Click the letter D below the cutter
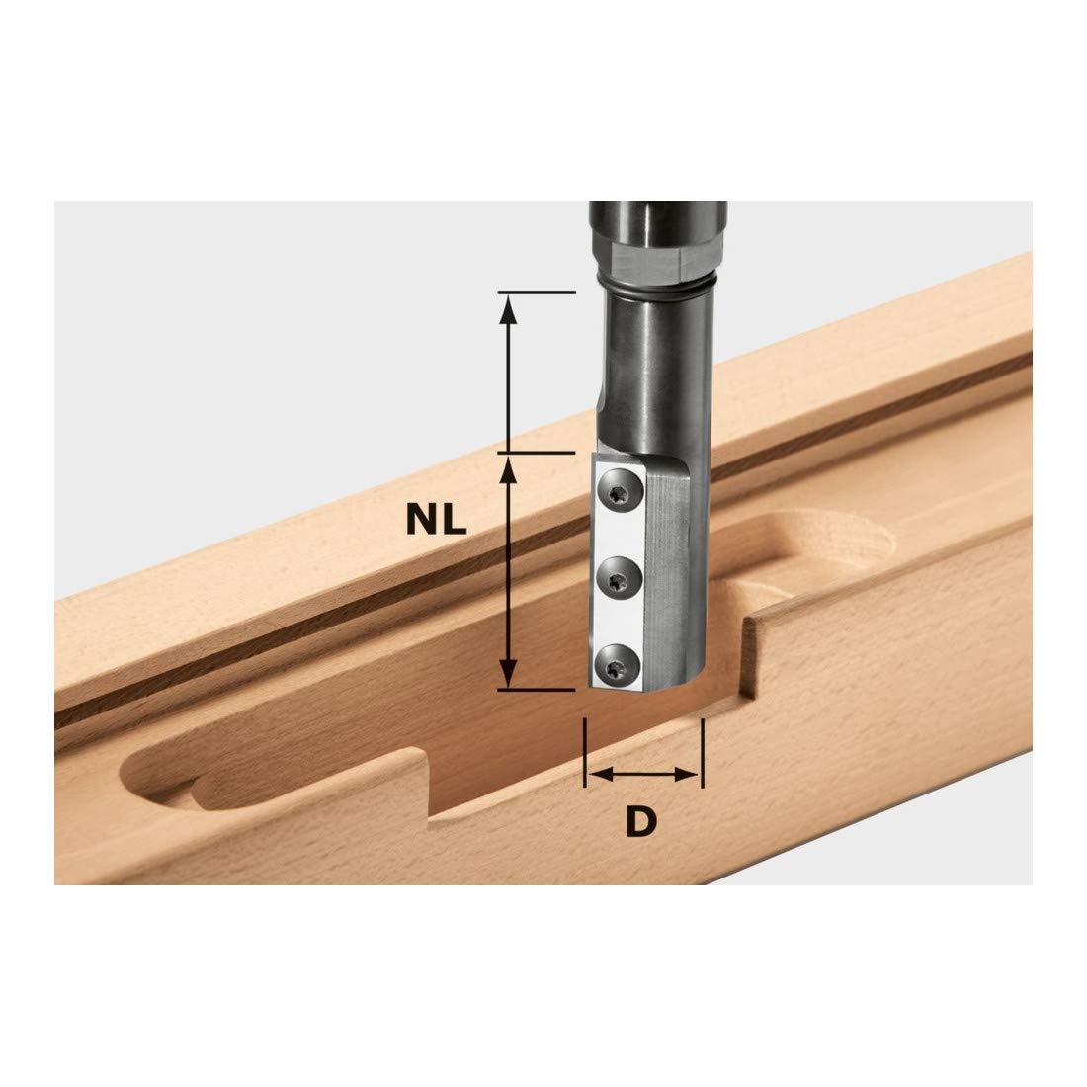(640, 822)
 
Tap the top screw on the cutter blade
(619, 490)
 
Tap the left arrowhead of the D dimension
(601, 775)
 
